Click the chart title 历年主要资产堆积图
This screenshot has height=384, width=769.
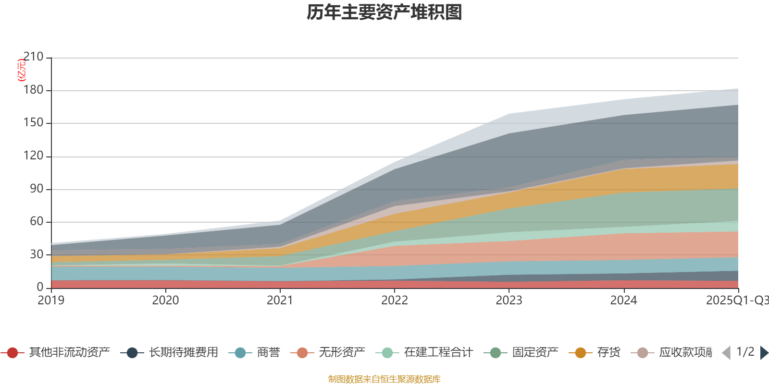point(384,12)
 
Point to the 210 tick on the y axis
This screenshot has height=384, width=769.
point(33,57)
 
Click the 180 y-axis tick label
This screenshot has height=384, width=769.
point(33,90)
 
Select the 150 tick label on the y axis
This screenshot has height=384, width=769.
point(33,123)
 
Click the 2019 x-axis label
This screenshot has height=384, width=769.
point(51,300)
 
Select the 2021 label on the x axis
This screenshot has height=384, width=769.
point(280,300)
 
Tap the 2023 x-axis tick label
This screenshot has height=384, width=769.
point(509,300)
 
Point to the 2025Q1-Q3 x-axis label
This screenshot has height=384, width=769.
point(737,300)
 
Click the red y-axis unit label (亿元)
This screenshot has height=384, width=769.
point(22,70)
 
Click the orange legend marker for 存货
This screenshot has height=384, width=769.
point(581,353)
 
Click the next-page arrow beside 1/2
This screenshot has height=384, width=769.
point(764,353)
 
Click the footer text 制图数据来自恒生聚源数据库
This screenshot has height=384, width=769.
point(384,379)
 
